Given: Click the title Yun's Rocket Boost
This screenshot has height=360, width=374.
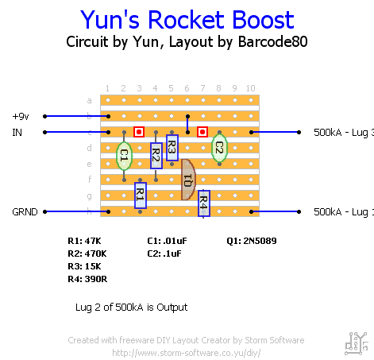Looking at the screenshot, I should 187,21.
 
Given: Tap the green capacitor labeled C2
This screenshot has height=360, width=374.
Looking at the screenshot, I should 219,148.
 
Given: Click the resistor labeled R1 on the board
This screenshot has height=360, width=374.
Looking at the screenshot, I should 140,193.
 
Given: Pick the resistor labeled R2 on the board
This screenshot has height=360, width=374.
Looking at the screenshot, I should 156,155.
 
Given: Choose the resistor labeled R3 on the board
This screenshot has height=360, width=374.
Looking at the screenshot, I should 172,148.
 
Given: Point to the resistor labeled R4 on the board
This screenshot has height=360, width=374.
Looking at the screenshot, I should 203,203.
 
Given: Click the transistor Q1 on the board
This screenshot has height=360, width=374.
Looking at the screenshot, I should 188,179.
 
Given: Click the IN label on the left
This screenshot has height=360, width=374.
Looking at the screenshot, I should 17,132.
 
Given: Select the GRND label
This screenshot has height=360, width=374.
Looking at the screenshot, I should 24,212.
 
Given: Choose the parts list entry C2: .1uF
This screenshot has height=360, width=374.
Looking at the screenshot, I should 165,254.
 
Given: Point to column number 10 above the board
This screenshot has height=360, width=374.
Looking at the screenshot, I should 250,88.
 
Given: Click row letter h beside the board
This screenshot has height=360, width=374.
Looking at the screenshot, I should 89,211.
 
